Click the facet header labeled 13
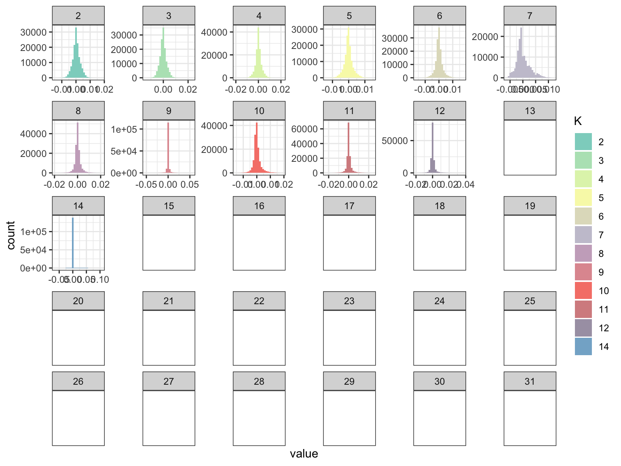click(x=530, y=111)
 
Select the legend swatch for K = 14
click(x=583, y=347)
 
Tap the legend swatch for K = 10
click(x=583, y=291)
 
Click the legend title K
click(x=578, y=121)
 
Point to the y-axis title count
click(x=11, y=235)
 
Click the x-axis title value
click(x=304, y=454)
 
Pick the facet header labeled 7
click(x=530, y=16)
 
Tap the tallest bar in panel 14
click(x=73, y=243)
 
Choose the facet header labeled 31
click(x=530, y=381)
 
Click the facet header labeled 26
click(x=78, y=381)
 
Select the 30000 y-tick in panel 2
click(x=33, y=32)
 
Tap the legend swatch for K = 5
click(x=583, y=198)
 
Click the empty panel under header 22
click(x=259, y=338)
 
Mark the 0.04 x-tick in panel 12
click(x=466, y=184)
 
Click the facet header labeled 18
click(x=439, y=206)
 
